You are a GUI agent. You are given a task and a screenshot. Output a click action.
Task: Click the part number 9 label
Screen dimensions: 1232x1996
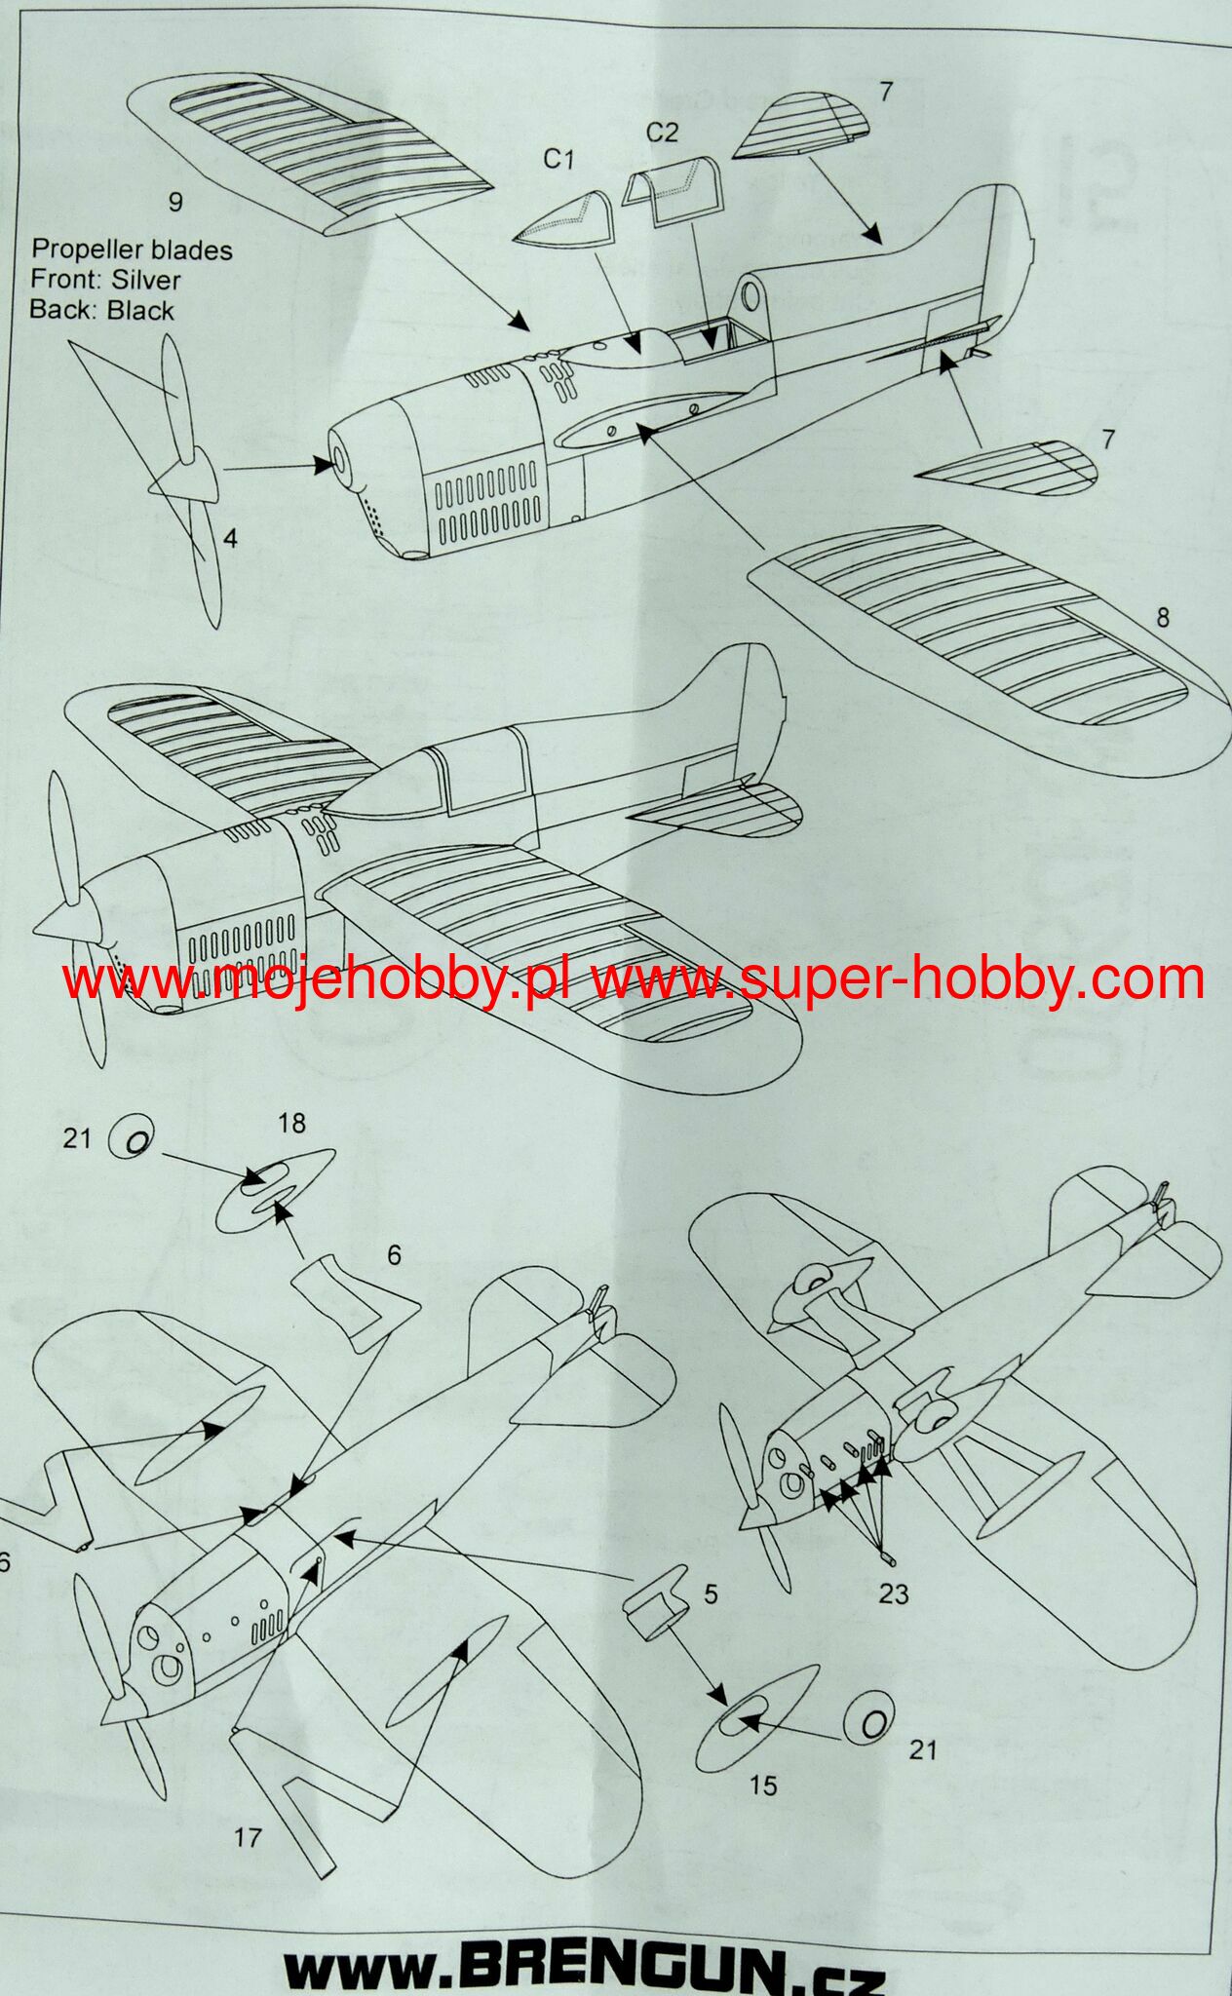175,202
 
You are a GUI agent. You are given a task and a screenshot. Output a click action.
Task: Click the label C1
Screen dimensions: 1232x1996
559,159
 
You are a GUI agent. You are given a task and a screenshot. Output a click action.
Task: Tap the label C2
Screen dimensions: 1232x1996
662,132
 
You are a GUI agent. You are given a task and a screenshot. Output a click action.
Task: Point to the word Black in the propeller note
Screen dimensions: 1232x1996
140,311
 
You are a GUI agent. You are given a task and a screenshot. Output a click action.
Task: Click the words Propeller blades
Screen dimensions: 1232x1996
132,250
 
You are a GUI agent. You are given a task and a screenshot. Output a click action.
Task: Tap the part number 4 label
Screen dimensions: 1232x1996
230,537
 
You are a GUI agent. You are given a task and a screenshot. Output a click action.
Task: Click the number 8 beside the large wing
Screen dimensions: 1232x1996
1161,618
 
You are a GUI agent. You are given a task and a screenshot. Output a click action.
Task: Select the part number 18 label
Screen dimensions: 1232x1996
290,1124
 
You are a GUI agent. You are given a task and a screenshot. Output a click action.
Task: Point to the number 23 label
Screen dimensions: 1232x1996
893,1593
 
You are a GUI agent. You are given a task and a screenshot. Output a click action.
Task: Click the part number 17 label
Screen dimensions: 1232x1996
249,1837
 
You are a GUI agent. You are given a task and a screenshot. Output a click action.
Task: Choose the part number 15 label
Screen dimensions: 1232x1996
764,1785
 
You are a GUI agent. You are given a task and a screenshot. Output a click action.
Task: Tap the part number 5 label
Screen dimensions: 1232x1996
711,1594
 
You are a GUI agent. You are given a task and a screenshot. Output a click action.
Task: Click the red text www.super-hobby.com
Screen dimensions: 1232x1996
898,978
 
